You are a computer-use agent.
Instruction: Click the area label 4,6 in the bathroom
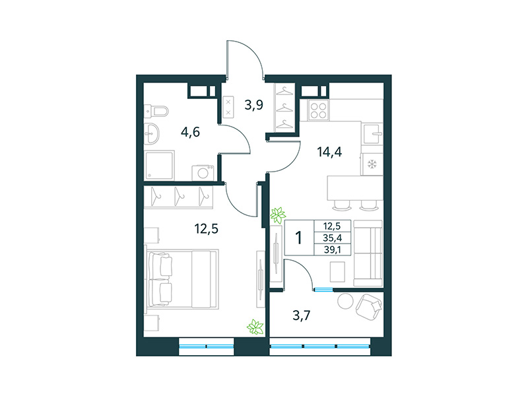pos(191,131)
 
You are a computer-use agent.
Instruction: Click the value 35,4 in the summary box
pos(333,238)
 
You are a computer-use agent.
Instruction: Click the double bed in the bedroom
pos(181,278)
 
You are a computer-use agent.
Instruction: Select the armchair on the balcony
pos(369,306)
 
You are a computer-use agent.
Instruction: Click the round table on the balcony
pos(345,302)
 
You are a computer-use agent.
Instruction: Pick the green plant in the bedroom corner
pos(255,326)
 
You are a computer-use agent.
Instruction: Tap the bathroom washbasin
pos(153,134)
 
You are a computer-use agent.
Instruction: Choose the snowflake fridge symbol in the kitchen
pos(371,164)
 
